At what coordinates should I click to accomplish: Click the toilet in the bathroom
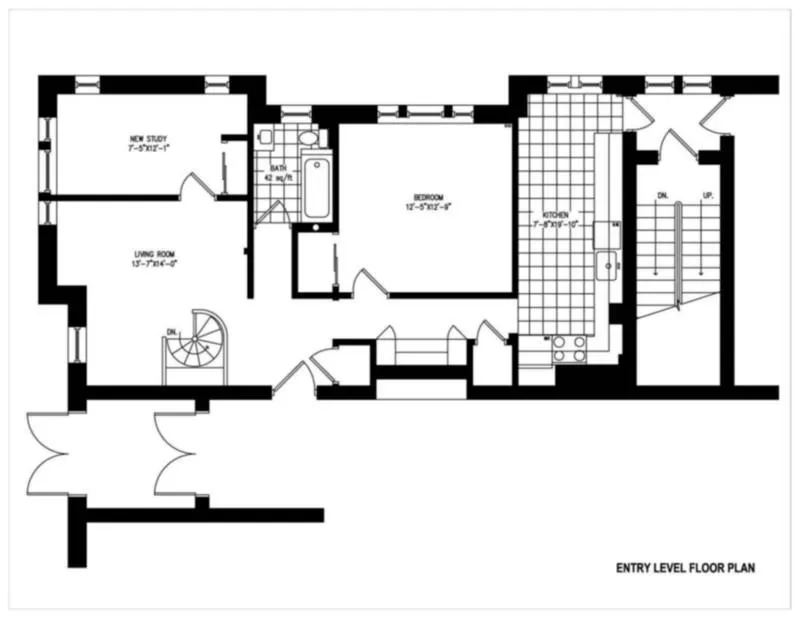pyautogui.click(x=308, y=138)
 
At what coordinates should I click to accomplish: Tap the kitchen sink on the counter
pyautogui.click(x=606, y=266)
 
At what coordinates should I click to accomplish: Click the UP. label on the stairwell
pyautogui.click(x=708, y=199)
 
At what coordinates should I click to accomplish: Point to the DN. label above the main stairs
pyautogui.click(x=661, y=199)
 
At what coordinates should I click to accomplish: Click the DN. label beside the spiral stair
pyautogui.click(x=172, y=331)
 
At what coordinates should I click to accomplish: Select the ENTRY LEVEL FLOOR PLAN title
pyautogui.click(x=684, y=568)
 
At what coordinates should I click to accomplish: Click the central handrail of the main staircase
pyautogui.click(x=680, y=250)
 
